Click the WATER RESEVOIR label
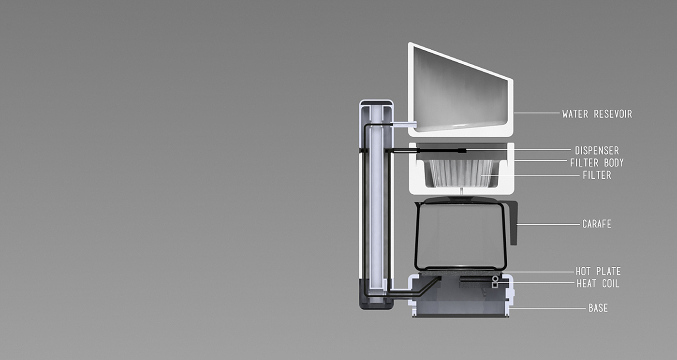597,114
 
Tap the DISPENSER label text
597,150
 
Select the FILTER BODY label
597,163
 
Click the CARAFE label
597,224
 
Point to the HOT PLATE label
598,271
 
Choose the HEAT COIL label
598,284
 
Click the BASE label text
598,308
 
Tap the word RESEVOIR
613,114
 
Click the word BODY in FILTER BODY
614,163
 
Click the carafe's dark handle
513,222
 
